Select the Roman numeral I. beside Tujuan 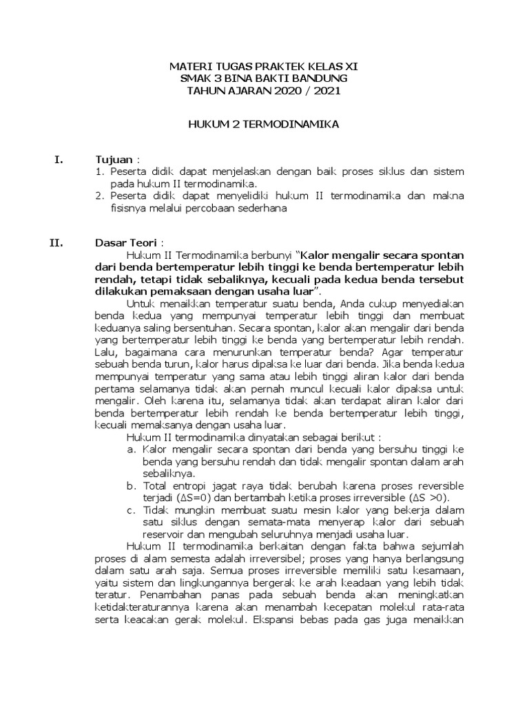tap(59, 160)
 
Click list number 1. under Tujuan tap(98, 171)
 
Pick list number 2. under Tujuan tap(98, 196)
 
